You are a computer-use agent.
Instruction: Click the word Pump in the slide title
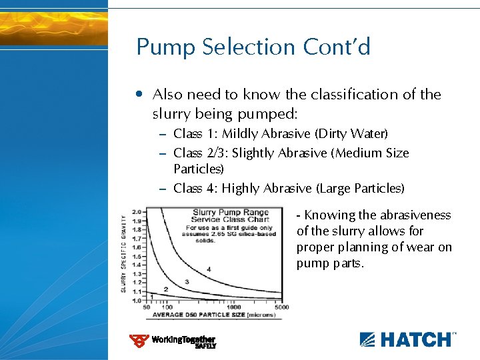pos(161,47)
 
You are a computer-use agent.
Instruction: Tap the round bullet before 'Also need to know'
pos(138,94)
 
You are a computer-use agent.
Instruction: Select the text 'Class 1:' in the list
pos(195,134)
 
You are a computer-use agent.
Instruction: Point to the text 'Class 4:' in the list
pos(195,189)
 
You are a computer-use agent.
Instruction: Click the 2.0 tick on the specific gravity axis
pos(138,211)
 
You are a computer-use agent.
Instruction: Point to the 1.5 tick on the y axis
pos(138,256)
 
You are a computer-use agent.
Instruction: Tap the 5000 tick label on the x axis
pos(281,307)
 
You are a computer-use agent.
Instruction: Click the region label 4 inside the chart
pos(209,269)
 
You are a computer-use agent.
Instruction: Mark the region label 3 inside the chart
pos(186,282)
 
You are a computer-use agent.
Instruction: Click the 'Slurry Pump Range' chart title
pos(231,213)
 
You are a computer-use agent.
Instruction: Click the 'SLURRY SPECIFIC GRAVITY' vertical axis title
pos(123,254)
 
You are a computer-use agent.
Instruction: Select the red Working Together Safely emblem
pos(139,341)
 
